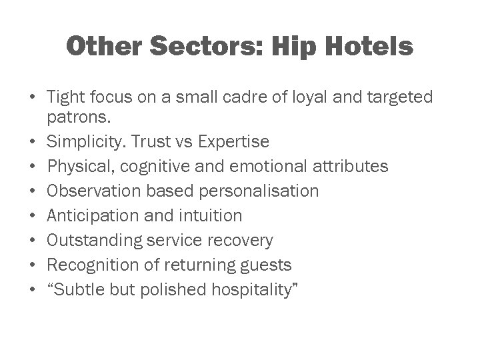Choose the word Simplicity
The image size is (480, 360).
click(89, 141)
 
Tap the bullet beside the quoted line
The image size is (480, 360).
click(31, 290)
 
